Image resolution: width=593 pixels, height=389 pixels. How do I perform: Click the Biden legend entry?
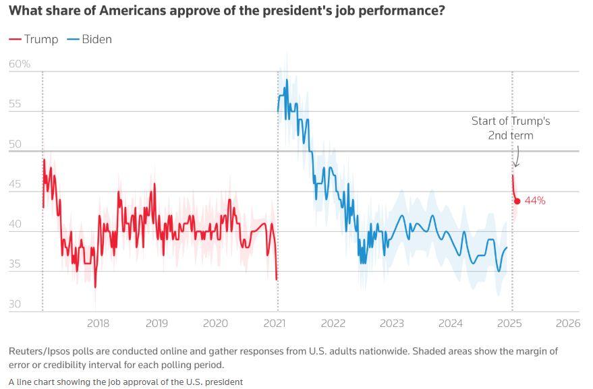point(90,39)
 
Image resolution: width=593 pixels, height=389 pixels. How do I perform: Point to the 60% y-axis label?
point(20,64)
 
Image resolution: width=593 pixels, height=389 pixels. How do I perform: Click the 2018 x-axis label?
point(98,323)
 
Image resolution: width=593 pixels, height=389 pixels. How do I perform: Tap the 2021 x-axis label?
point(277,323)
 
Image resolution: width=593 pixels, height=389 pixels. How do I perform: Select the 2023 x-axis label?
point(392,323)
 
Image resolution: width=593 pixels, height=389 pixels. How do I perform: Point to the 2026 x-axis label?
point(567,323)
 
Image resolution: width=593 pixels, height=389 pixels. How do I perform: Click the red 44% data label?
point(534,200)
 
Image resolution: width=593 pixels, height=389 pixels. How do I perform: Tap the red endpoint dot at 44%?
point(517,201)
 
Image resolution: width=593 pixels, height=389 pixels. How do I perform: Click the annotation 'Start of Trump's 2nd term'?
point(511,128)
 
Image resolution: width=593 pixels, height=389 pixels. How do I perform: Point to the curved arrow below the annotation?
point(517,156)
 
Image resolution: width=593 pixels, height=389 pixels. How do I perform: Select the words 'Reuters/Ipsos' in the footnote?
point(39,351)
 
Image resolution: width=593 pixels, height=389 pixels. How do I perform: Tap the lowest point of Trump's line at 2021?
point(277,278)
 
